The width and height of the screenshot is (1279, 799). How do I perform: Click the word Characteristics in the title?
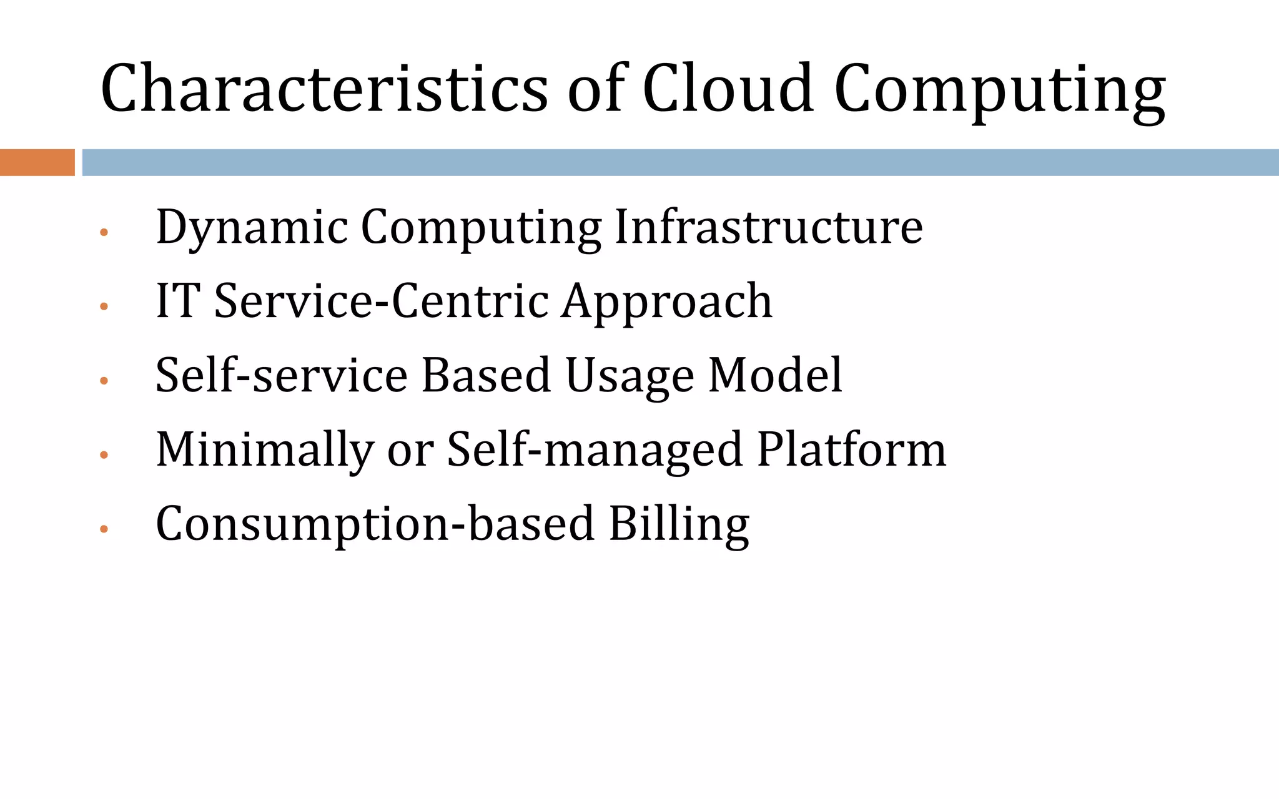pyautogui.click(x=323, y=89)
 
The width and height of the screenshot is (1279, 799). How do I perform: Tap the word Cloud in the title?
pyautogui.click(x=728, y=89)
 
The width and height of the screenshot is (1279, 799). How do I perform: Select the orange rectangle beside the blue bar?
pyautogui.click(x=37, y=162)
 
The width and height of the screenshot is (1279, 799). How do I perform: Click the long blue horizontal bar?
pyautogui.click(x=680, y=162)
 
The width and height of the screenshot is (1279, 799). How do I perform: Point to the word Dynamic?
pyautogui.click(x=252, y=228)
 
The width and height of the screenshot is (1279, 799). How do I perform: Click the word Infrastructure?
pyautogui.click(x=768, y=227)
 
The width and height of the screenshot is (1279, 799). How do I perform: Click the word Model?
pyautogui.click(x=775, y=375)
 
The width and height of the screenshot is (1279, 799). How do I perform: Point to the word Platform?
pyautogui.click(x=851, y=449)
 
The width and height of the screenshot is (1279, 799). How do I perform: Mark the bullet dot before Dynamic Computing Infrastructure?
pyautogui.click(x=104, y=232)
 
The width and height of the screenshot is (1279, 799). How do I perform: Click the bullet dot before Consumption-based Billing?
pyautogui.click(x=104, y=529)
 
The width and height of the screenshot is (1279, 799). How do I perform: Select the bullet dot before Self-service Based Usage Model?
pyautogui.click(x=104, y=381)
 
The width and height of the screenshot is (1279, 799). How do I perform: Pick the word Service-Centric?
pyautogui.click(x=381, y=301)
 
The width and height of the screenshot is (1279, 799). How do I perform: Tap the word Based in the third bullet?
pyautogui.click(x=486, y=375)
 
